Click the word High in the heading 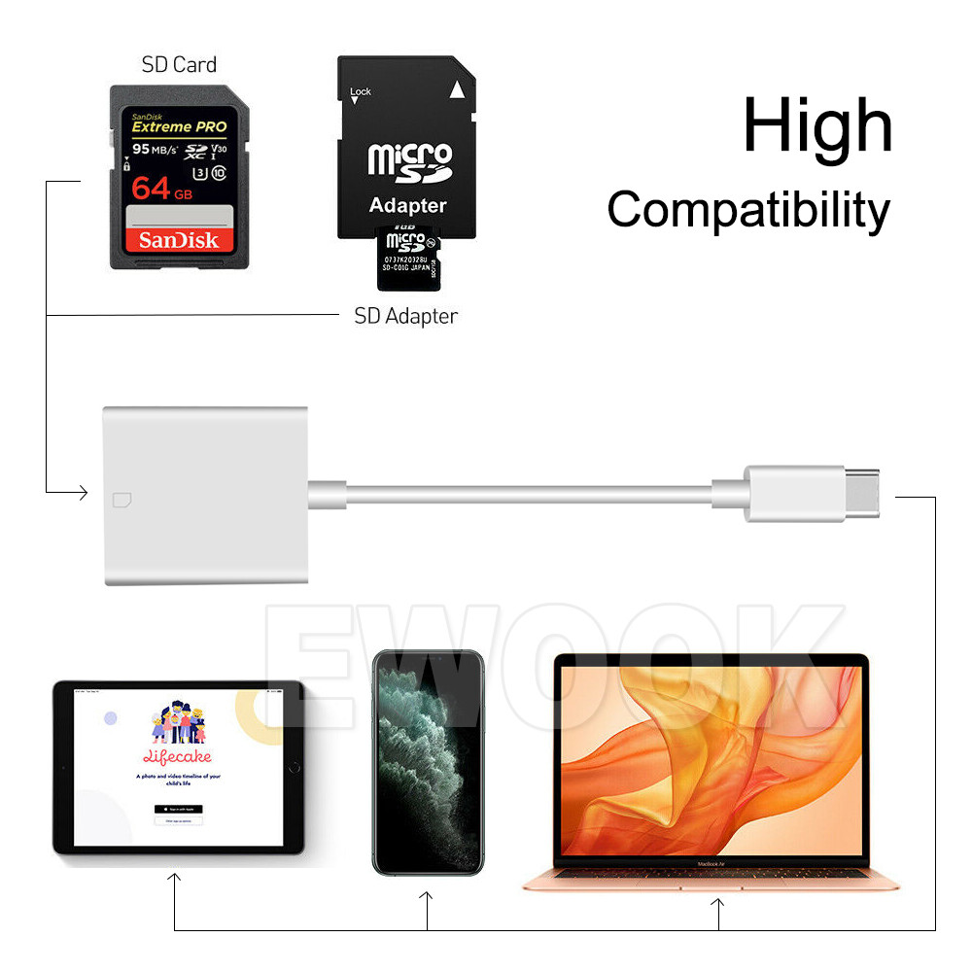pyautogui.click(x=816, y=126)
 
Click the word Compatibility pyautogui.click(x=747, y=210)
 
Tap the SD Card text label pyautogui.click(x=179, y=65)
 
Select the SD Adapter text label pyautogui.click(x=405, y=316)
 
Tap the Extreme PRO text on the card pyautogui.click(x=179, y=126)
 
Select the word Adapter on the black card pyautogui.click(x=407, y=205)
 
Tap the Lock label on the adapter pyautogui.click(x=360, y=92)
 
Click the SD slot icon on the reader pyautogui.click(x=123, y=501)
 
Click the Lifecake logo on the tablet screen pyautogui.click(x=178, y=756)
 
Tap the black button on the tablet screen pyautogui.click(x=178, y=809)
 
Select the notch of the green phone pyautogui.click(x=428, y=656)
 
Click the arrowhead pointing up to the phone pyautogui.click(x=428, y=898)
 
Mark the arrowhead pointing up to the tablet pyautogui.click(x=174, y=879)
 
